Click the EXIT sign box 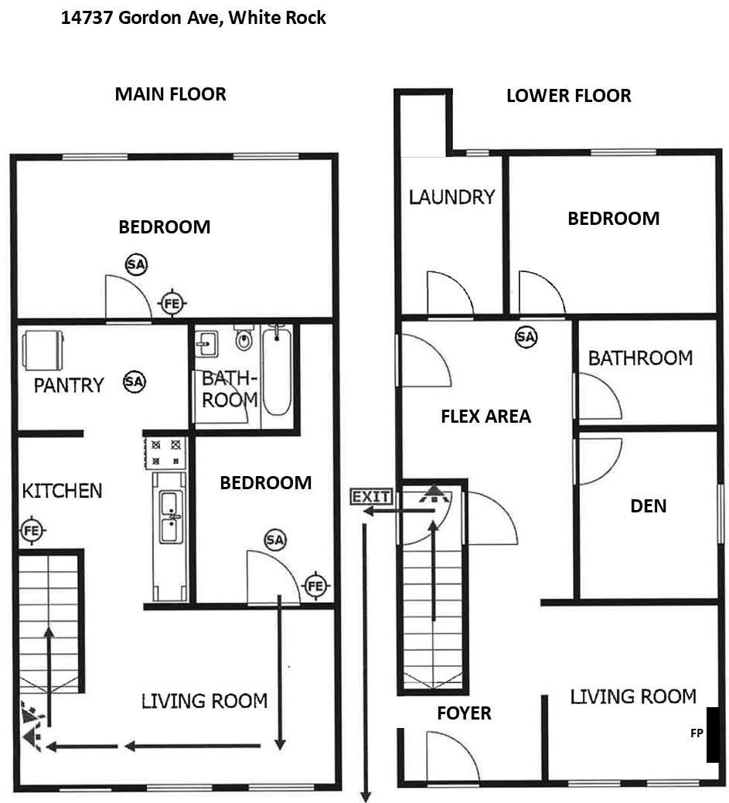coord(371,496)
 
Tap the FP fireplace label coord(697,733)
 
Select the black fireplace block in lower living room coord(714,734)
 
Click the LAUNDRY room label coord(451,197)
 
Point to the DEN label coord(649,506)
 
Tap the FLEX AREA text coord(485,417)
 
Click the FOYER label coord(464,713)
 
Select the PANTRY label coord(69,385)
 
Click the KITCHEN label coord(62,491)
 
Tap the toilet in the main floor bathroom coord(244,339)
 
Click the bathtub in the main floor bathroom coord(277,371)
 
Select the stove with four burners coord(166,452)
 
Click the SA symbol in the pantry coord(135,381)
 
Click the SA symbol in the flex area coord(526,336)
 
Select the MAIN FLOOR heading coord(170,94)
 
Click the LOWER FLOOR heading coord(568,96)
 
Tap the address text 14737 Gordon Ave coord(193,17)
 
